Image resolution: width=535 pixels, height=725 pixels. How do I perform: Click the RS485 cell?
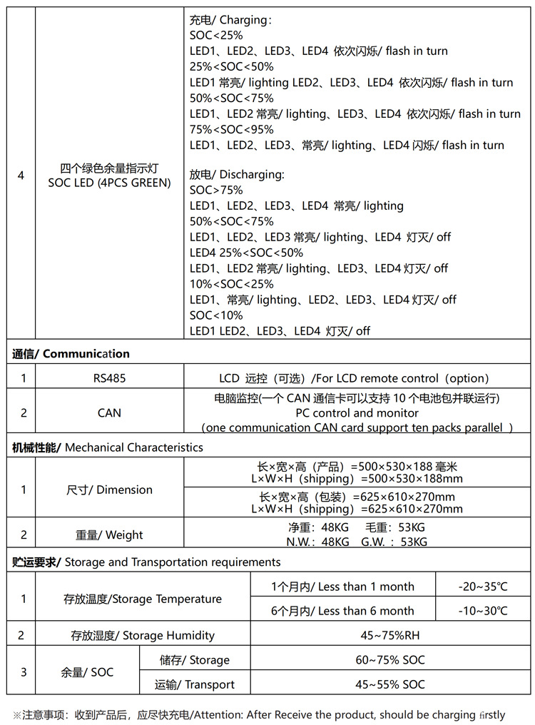[x=109, y=378]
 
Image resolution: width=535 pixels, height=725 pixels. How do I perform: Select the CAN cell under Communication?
[x=109, y=412]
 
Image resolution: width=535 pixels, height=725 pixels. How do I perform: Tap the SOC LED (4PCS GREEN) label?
[x=109, y=183]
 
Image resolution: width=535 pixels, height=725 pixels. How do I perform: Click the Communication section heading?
[x=71, y=353]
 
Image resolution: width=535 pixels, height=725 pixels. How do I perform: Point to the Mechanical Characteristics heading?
[x=108, y=447]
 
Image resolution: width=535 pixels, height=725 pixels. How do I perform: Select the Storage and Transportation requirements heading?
[x=146, y=562]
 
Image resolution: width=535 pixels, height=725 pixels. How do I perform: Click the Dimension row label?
[x=109, y=490]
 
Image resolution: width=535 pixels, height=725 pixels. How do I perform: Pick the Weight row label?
[x=109, y=535]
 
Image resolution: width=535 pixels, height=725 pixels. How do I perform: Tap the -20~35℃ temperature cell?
[x=483, y=587]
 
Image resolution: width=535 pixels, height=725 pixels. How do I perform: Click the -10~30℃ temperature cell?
[x=483, y=611]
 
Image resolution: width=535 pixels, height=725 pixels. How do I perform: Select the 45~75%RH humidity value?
[x=390, y=635]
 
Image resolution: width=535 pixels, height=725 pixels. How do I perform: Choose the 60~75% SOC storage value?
[x=390, y=660]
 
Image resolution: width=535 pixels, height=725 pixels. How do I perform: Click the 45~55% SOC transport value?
[x=390, y=684]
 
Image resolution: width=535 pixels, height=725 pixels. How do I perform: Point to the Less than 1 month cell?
[x=342, y=587]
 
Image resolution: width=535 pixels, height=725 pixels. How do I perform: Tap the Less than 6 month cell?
[x=342, y=611]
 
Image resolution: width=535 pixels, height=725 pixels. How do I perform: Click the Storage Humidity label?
[x=143, y=635]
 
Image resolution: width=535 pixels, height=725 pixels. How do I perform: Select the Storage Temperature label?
[x=143, y=599]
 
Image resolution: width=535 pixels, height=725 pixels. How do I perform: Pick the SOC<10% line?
[x=216, y=315]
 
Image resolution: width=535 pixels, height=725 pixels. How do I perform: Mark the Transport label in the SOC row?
[x=195, y=685]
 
